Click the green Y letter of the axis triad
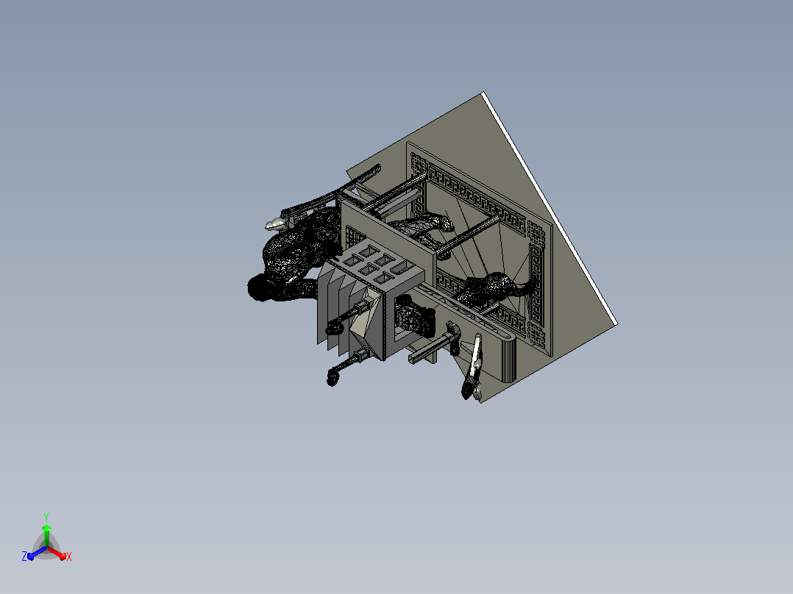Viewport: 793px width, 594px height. (x=46, y=517)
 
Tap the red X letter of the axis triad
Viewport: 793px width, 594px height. (x=69, y=557)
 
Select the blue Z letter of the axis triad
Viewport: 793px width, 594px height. (x=24, y=556)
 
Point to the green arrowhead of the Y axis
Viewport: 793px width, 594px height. (x=46, y=529)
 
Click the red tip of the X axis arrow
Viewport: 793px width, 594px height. (x=63, y=557)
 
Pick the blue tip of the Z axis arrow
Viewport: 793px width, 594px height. (x=31, y=557)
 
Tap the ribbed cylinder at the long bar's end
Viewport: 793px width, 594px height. (x=508, y=360)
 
